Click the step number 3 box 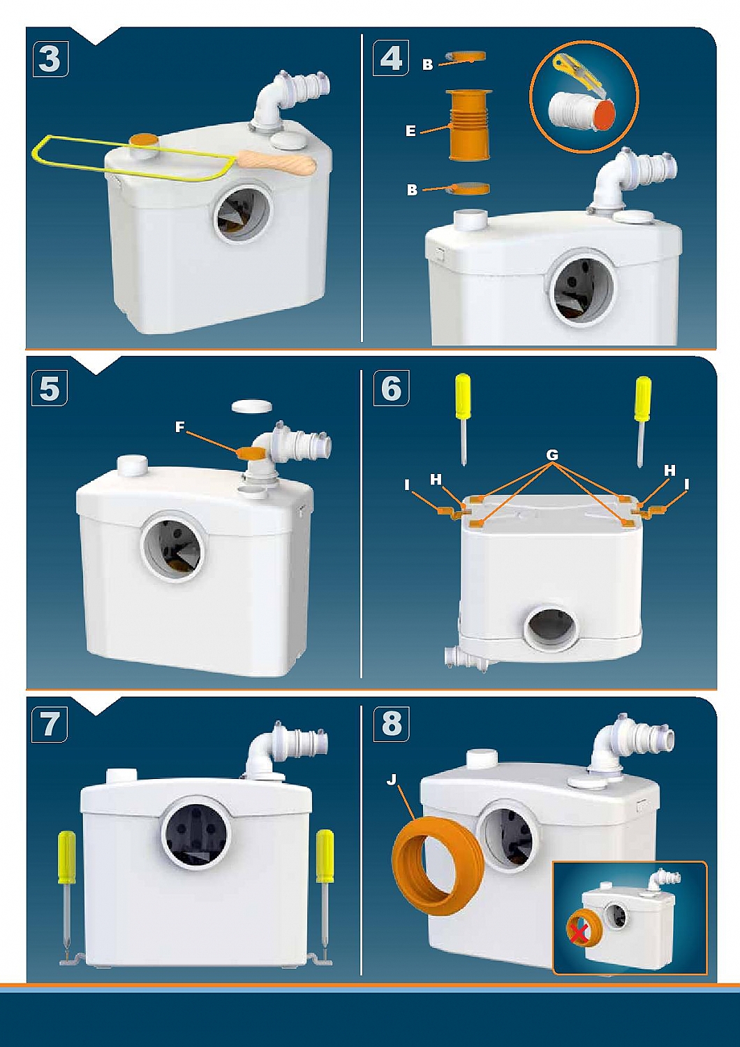[50, 59]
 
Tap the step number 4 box [391, 59]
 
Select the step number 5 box [50, 387]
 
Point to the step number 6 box [391, 387]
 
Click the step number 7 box [50, 725]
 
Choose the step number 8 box [391, 724]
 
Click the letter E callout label [410, 131]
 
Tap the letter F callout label [179, 427]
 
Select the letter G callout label [552, 455]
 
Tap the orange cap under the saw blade [144, 140]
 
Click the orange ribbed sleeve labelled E [469, 124]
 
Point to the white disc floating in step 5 [253, 405]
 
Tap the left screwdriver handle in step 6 [464, 392]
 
